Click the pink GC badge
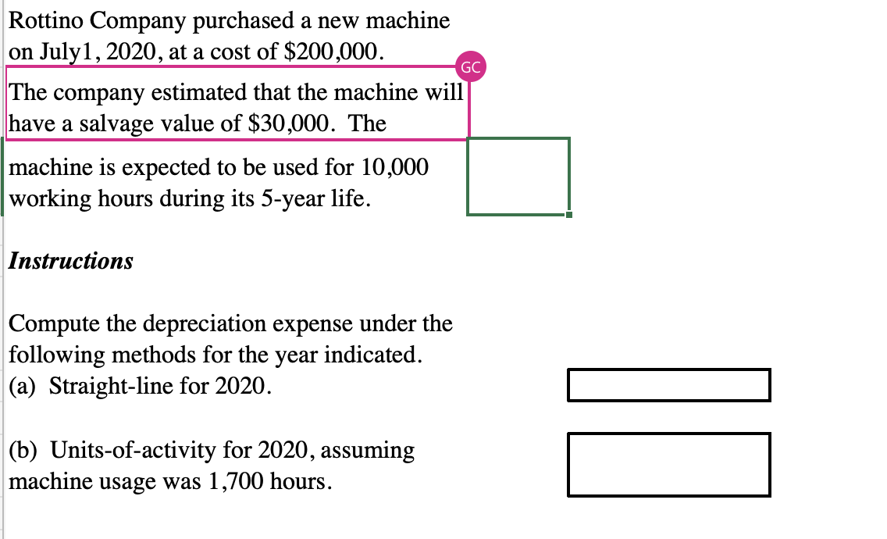[x=471, y=67]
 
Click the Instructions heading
[x=71, y=261]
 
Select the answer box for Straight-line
[x=668, y=385]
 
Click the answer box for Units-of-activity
[x=668, y=465]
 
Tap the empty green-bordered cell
[x=518, y=176]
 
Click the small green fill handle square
[x=569, y=215]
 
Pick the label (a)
[x=26, y=387]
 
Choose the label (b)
[x=26, y=451]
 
